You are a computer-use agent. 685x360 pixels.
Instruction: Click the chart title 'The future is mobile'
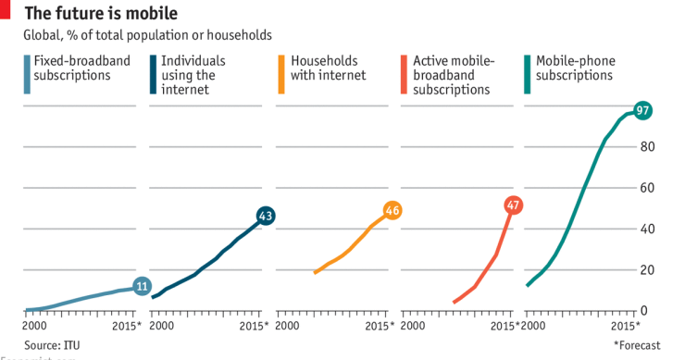pyautogui.click(x=101, y=13)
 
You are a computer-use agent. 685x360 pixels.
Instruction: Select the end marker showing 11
pyautogui.click(x=142, y=287)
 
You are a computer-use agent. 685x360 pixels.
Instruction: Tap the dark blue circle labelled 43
pyautogui.click(x=266, y=216)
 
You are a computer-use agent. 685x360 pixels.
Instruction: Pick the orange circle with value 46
pyautogui.click(x=392, y=210)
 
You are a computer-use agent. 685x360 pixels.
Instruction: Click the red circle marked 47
pyautogui.click(x=514, y=205)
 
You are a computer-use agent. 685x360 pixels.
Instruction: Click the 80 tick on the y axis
pyautogui.click(x=648, y=147)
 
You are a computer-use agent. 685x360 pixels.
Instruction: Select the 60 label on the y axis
pyautogui.click(x=648, y=188)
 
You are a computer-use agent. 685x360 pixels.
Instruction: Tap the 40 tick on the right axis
pyautogui.click(x=648, y=229)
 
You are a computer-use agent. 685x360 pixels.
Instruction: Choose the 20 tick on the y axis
pyautogui.click(x=648, y=270)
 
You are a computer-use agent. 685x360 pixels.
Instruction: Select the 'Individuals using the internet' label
pyautogui.click(x=200, y=75)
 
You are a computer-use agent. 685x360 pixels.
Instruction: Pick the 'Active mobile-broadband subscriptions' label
pyautogui.click(x=453, y=75)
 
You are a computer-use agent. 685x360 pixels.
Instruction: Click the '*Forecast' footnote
pyautogui.click(x=637, y=345)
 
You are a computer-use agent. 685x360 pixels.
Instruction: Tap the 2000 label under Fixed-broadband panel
pyautogui.click(x=34, y=327)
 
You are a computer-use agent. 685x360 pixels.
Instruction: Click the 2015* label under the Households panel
pyautogui.click(x=378, y=327)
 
